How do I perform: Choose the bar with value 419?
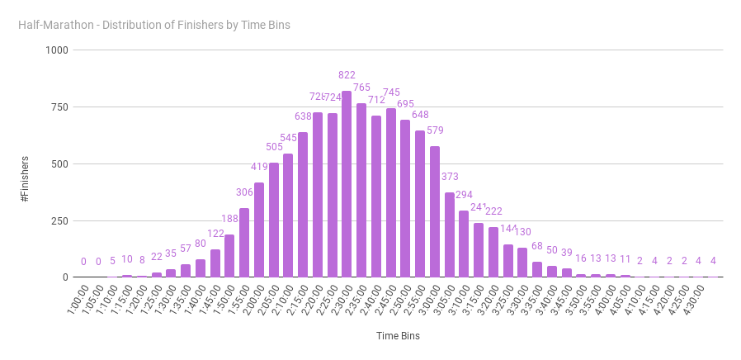259,230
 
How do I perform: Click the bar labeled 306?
244,243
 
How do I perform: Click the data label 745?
391,92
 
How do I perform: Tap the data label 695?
406,104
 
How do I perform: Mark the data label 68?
537,246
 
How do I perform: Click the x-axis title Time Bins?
399,336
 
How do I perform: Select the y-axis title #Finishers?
26,178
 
